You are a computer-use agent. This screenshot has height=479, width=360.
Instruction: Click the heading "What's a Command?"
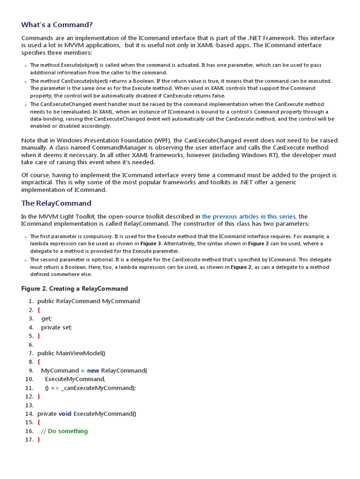[60, 24]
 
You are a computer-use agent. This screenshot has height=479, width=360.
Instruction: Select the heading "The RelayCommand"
[56, 203]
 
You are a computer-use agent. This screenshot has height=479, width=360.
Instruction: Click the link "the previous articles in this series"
[248, 217]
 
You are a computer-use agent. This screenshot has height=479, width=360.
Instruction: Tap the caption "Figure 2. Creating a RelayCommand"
[75, 289]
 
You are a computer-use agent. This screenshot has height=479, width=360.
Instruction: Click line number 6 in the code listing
[31, 345]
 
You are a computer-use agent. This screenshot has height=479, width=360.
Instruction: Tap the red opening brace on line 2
[38, 310]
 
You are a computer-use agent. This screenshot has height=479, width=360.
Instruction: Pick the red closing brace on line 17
[38, 440]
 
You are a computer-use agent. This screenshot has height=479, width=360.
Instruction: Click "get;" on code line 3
[46, 319]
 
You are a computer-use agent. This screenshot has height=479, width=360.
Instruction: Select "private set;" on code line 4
[57, 327]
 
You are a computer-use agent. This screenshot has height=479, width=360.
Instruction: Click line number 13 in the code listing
[30, 405]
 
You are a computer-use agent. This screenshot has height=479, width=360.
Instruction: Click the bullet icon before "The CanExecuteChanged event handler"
[26, 105]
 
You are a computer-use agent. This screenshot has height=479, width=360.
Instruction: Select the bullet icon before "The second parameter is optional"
[26, 261]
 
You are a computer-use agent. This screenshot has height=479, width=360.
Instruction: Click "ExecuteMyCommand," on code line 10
[75, 379]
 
